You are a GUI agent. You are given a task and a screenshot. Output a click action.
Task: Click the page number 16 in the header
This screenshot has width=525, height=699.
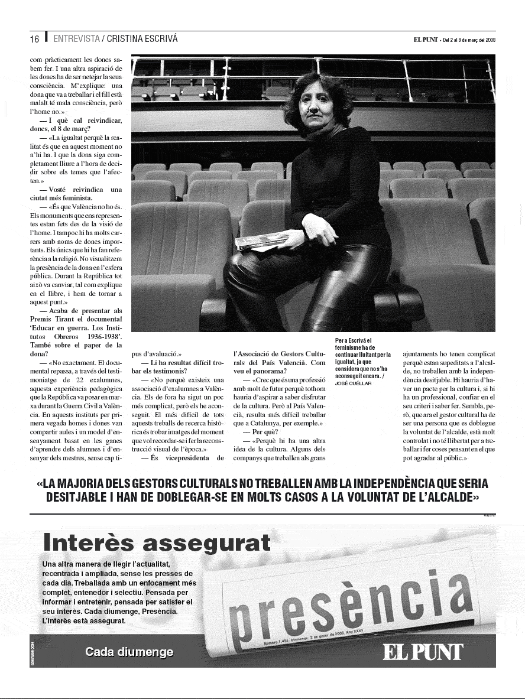[35, 40]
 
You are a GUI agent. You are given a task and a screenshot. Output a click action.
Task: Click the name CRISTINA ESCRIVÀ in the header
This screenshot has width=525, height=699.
[142, 40]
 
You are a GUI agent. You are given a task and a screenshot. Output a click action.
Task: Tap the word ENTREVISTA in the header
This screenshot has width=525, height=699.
[76, 40]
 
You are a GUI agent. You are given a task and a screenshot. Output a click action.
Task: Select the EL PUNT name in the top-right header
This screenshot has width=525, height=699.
[426, 40]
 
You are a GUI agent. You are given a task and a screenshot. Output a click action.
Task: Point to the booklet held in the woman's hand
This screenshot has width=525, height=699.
[261, 240]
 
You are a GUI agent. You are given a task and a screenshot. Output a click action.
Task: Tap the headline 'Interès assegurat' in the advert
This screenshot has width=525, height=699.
[157, 542]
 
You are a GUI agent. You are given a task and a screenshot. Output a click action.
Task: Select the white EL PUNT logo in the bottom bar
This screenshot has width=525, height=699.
[423, 652]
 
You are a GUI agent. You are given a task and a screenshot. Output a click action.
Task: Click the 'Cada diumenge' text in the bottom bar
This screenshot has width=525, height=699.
[129, 652]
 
